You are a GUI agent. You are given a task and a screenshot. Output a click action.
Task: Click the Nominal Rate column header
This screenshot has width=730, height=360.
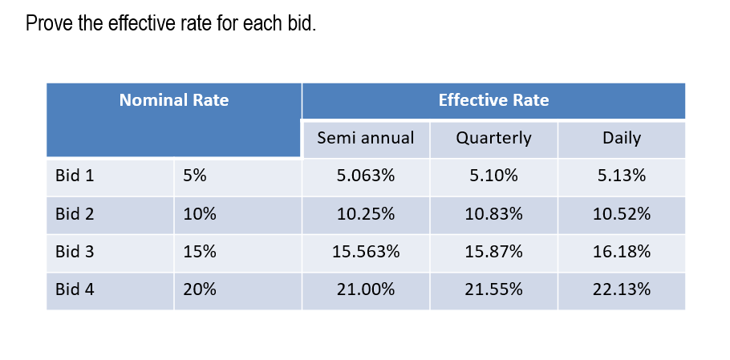[173, 100]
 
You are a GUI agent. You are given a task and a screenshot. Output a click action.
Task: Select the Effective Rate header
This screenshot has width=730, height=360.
[493, 100]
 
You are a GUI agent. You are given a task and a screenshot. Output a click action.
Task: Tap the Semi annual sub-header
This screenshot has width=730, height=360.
[366, 138]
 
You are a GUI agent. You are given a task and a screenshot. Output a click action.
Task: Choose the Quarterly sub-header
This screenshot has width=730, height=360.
[493, 138]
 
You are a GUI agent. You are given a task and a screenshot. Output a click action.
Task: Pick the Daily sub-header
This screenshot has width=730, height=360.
[622, 138]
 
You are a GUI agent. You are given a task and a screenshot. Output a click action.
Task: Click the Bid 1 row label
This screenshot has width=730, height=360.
[75, 176]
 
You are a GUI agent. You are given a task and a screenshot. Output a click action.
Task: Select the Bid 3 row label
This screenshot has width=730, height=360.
[75, 252]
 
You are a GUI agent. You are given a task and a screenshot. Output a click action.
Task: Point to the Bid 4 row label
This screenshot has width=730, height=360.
[75, 289]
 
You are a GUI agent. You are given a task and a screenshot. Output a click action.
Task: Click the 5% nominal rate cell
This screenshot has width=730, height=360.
[195, 176]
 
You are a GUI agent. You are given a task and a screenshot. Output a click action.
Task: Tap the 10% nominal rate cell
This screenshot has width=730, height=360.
[199, 214]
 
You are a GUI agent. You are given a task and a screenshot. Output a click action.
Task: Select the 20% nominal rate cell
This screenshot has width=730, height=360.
[199, 289]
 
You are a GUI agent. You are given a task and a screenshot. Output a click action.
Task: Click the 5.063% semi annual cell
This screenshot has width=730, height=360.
[366, 176]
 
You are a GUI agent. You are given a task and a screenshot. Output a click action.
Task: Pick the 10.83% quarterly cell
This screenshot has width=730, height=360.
[493, 214]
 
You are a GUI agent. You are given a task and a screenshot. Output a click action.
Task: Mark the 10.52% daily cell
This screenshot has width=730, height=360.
[622, 214]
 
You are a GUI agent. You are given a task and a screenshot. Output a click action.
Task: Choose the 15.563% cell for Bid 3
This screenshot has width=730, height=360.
[366, 252]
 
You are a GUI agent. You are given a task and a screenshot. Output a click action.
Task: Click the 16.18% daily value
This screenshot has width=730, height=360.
[622, 252]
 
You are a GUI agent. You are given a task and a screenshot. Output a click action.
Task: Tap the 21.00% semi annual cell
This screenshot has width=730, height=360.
[366, 289]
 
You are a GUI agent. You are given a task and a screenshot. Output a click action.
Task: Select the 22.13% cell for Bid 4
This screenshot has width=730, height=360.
[622, 289]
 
